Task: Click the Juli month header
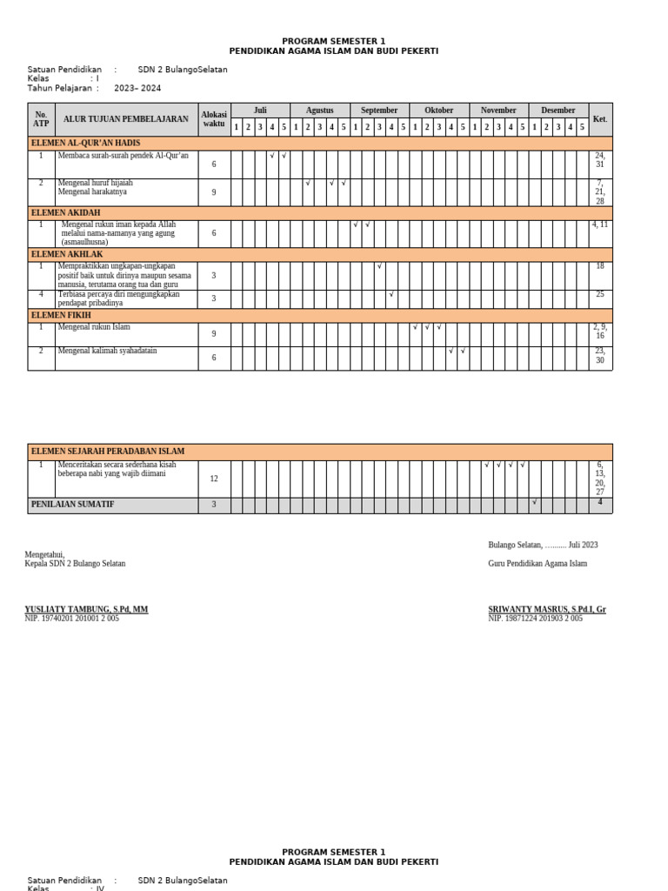[x=260, y=111]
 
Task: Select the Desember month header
[x=558, y=111]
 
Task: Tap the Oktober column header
[x=438, y=111]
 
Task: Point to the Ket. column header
[x=600, y=118]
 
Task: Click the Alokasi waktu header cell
[x=214, y=118]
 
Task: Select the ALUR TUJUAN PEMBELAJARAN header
[x=126, y=118]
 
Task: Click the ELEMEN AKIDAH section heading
[x=66, y=212]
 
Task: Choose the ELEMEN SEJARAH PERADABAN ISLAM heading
[x=108, y=452]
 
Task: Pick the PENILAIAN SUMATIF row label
[x=73, y=505]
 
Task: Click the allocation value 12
[x=214, y=479]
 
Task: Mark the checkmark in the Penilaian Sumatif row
[x=534, y=502]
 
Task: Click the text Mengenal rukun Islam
[x=94, y=327]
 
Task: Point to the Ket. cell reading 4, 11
[x=600, y=224]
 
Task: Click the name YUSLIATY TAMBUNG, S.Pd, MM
[x=86, y=609]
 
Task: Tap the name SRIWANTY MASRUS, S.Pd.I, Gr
[x=547, y=609]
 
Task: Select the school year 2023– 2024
[x=137, y=88]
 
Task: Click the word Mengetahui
[x=44, y=554]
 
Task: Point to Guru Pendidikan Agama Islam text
[x=538, y=563]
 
